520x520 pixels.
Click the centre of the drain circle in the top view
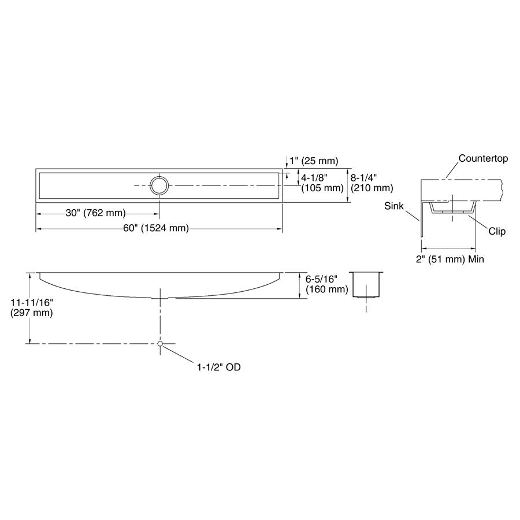[x=159, y=185]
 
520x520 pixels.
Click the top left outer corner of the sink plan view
[x=36, y=169]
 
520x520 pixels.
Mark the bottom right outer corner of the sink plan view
[x=283, y=202]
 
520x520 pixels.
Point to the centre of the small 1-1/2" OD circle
[x=160, y=344]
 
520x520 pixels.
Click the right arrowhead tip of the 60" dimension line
[x=283, y=228]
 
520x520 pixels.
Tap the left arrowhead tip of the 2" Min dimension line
[x=421, y=248]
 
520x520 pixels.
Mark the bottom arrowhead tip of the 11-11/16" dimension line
[x=30, y=344]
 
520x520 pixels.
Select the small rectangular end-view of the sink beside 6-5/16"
[x=366, y=285]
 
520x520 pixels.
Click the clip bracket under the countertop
[x=452, y=207]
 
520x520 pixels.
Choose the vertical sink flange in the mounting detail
[x=422, y=218]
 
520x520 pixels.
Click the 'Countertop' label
[x=483, y=158]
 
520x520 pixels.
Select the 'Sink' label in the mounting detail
[x=394, y=206]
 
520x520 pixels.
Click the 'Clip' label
[x=497, y=231]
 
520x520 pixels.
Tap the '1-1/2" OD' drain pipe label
[x=219, y=367]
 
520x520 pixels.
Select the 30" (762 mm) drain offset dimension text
[x=95, y=213]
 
